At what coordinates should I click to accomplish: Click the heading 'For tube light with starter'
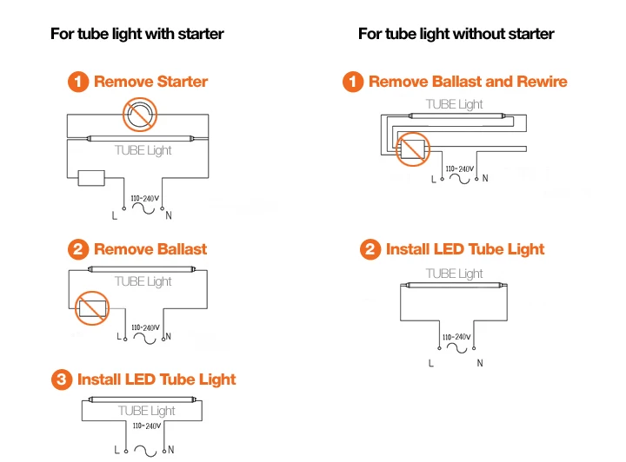[137, 34]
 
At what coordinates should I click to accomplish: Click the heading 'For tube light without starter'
[456, 34]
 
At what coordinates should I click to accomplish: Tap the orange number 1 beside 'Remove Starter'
[78, 82]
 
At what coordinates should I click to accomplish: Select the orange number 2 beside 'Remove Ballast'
[78, 249]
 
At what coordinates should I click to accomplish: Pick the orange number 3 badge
[62, 379]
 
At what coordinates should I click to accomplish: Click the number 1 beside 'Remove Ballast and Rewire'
[353, 82]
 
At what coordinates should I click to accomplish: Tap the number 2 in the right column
[370, 249]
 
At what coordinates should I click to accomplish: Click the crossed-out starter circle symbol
[140, 115]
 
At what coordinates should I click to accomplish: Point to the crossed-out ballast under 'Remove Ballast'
[92, 308]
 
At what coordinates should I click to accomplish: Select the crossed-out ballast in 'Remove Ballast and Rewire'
[413, 149]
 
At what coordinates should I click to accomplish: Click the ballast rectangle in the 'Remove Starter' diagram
[91, 178]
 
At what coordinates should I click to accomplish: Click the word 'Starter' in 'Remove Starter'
[183, 82]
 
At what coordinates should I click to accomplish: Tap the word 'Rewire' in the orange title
[542, 82]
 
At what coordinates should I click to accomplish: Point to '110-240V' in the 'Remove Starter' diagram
[145, 199]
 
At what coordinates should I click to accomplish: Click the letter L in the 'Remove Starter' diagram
[115, 216]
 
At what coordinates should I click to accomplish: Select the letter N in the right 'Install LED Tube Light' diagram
[480, 363]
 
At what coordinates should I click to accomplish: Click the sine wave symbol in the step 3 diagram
[145, 451]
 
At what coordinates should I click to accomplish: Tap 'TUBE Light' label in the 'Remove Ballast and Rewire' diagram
[455, 104]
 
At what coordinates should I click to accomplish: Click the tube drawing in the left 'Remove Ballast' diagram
[142, 269]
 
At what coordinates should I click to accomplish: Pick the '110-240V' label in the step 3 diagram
[147, 426]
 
